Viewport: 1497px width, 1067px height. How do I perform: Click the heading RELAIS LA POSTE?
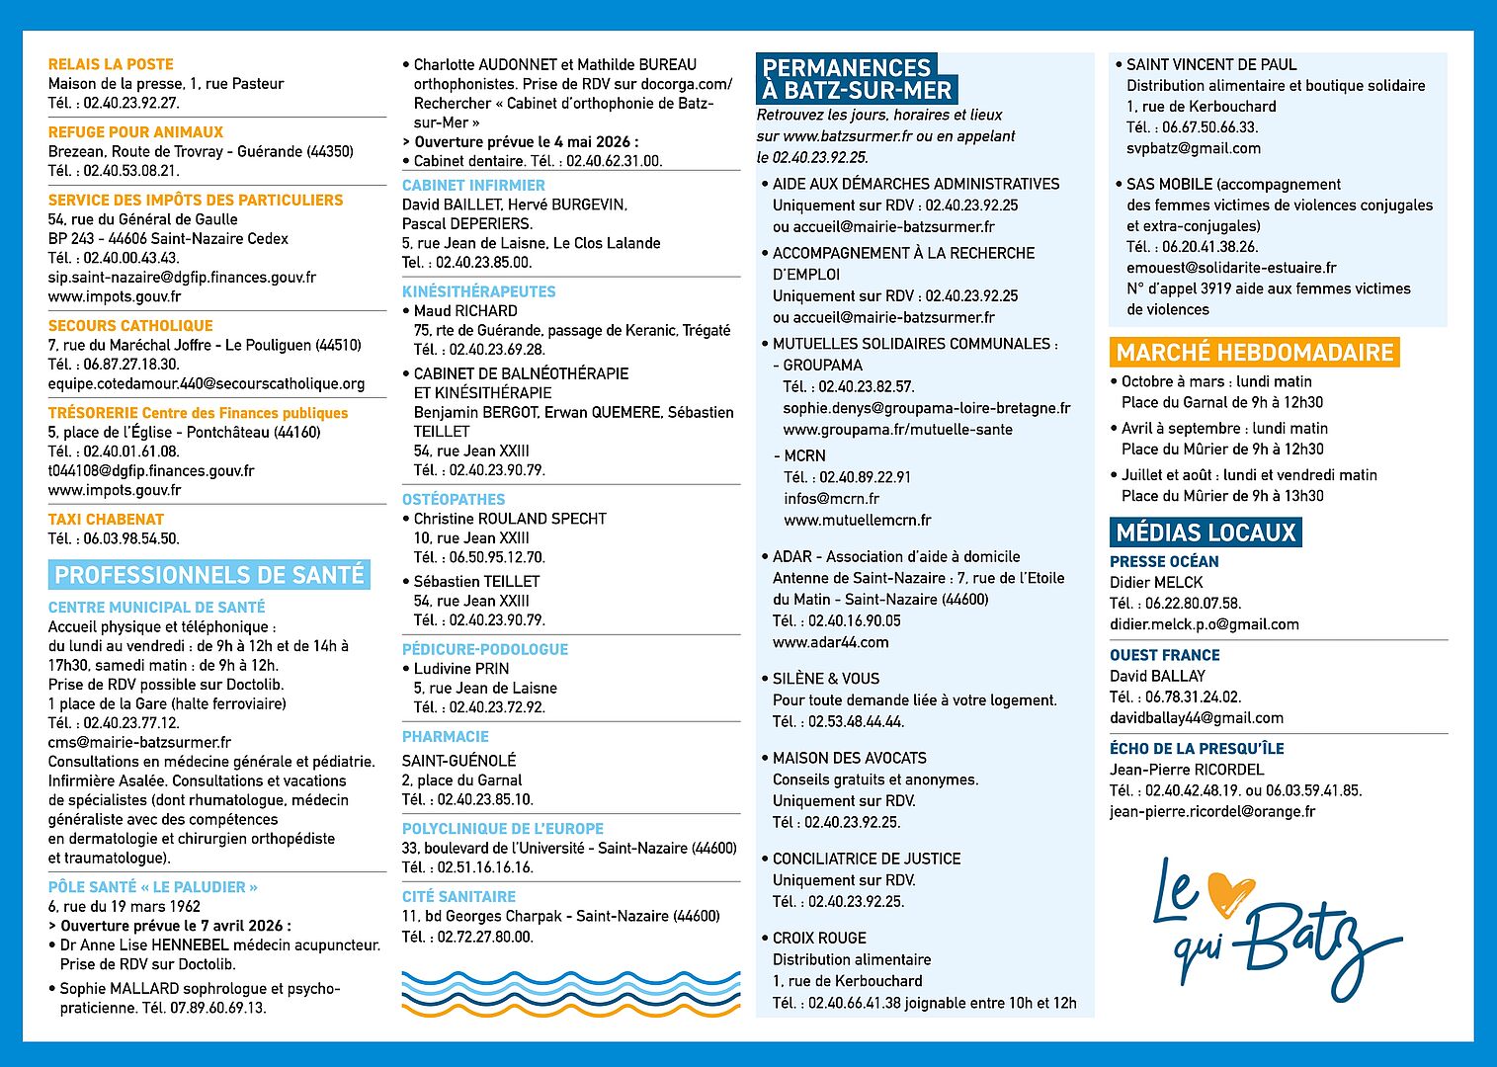click(111, 64)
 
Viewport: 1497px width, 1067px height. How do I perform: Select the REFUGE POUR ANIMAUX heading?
click(135, 132)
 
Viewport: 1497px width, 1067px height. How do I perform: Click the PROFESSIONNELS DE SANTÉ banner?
click(209, 575)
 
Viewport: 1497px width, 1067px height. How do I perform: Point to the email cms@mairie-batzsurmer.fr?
click(139, 742)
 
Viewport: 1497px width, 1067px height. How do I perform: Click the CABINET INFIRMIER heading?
click(473, 186)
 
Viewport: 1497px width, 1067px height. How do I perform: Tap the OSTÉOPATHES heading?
click(454, 500)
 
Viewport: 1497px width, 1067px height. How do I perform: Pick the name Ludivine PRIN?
click(461, 669)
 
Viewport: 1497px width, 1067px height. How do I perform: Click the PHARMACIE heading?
click(446, 737)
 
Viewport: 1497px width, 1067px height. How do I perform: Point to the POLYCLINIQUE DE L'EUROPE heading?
click(502, 829)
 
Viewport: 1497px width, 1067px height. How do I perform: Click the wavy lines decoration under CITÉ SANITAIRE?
click(571, 993)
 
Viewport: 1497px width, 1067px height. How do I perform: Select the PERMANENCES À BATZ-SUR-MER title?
click(857, 79)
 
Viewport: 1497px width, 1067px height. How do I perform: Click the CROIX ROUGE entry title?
click(819, 939)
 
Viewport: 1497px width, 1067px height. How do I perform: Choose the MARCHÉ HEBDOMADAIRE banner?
click(1254, 353)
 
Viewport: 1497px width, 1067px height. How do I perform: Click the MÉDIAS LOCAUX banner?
click(1206, 533)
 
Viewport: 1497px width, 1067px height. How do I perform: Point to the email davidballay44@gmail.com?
click(1197, 718)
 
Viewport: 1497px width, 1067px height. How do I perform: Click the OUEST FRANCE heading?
click(1164, 655)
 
